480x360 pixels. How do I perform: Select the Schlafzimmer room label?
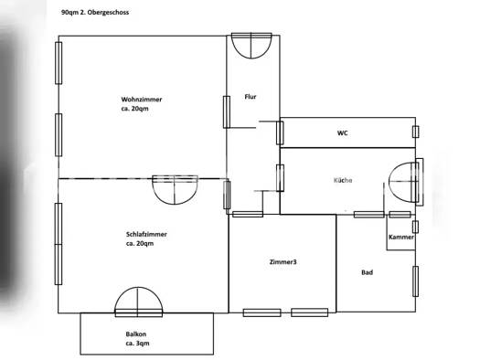pos(146,234)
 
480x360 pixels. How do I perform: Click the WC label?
pos(342,133)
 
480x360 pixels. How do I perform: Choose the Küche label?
pos(342,180)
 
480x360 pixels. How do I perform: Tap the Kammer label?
pos(400,237)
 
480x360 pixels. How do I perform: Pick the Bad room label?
pos(367,271)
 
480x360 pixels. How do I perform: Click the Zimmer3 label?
pos(283,262)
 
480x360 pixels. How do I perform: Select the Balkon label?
pos(136,334)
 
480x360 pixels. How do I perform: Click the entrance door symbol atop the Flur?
pos(251,44)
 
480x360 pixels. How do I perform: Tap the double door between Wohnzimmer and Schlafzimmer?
pos(171,187)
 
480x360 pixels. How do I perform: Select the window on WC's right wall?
pos(415,132)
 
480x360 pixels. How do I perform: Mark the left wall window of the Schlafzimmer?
pos(59,229)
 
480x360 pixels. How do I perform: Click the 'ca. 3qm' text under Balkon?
pos(137,344)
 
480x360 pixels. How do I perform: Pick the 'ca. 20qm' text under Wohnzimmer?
pos(134,109)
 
